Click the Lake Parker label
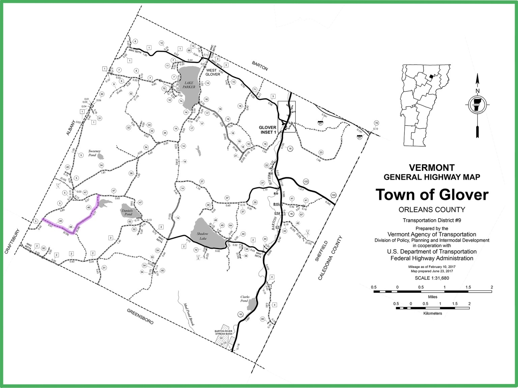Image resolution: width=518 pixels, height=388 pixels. point(189,85)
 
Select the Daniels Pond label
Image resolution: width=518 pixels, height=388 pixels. point(128,213)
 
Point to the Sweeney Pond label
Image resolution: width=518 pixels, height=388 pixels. point(94,153)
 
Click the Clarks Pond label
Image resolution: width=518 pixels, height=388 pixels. point(244,299)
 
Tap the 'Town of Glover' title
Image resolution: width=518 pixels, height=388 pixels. point(432,195)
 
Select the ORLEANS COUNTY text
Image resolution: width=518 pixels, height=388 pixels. point(432,209)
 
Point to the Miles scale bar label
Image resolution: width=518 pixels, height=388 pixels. point(433,297)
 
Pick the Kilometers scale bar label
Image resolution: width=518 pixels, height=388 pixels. point(433,313)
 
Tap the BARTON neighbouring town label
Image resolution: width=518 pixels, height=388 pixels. point(260,66)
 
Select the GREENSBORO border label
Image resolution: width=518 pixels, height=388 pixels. point(140,316)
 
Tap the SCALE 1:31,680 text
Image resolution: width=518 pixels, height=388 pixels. point(432,278)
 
